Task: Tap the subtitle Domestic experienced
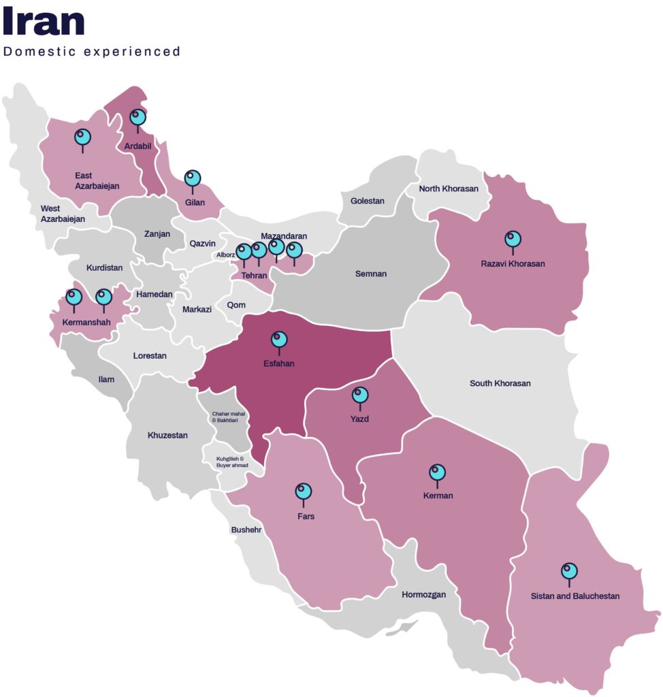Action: click(91, 52)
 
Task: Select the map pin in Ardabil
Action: click(138, 118)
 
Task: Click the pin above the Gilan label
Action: click(193, 178)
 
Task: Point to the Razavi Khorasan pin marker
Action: click(513, 240)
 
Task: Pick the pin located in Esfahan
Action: click(279, 339)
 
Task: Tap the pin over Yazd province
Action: click(360, 395)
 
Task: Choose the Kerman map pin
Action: click(438, 472)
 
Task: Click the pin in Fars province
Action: click(304, 491)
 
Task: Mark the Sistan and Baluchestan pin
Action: click(569, 572)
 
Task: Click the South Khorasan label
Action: click(500, 383)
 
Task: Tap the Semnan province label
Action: click(371, 274)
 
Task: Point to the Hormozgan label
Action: click(423, 594)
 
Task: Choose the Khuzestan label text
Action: click(167, 435)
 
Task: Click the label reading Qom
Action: click(236, 305)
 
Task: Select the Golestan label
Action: click(368, 201)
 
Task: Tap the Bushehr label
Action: click(246, 529)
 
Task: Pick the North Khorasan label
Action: click(449, 189)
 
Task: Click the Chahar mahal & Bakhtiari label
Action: click(229, 417)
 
